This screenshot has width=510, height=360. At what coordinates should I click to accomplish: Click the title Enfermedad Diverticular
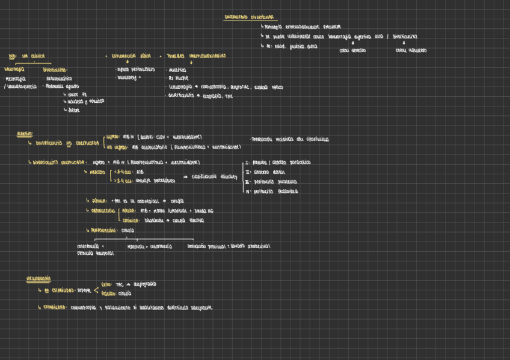pyautogui.click(x=247, y=17)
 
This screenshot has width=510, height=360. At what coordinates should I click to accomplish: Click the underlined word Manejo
pyautogui.click(x=25, y=134)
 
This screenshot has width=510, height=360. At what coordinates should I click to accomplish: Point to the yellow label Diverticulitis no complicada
pyautogui.click(x=67, y=144)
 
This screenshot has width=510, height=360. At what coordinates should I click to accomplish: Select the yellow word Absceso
pyautogui.click(x=97, y=172)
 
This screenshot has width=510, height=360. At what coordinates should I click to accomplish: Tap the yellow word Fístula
pyautogui.click(x=99, y=201)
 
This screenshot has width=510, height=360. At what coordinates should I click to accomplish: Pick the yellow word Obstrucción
pyautogui.click(x=103, y=211)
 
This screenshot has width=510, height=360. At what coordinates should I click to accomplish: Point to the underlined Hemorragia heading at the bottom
pyautogui.click(x=38, y=279)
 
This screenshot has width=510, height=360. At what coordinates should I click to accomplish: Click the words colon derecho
pyautogui.click(x=352, y=50)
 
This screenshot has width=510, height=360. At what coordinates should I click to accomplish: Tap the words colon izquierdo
pyautogui.click(x=411, y=50)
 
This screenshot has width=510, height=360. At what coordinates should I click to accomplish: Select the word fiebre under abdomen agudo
pyautogui.click(x=74, y=111)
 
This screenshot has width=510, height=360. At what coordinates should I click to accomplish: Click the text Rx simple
pyautogui.click(x=178, y=78)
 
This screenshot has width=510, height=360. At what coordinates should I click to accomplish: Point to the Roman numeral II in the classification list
pyautogui.click(x=247, y=172)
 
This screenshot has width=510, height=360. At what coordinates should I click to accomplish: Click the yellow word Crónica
pyautogui.click(x=131, y=221)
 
